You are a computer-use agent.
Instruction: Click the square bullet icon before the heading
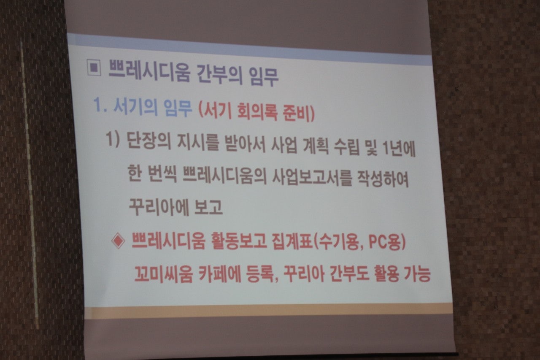94,68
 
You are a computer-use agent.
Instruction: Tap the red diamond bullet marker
119,241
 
